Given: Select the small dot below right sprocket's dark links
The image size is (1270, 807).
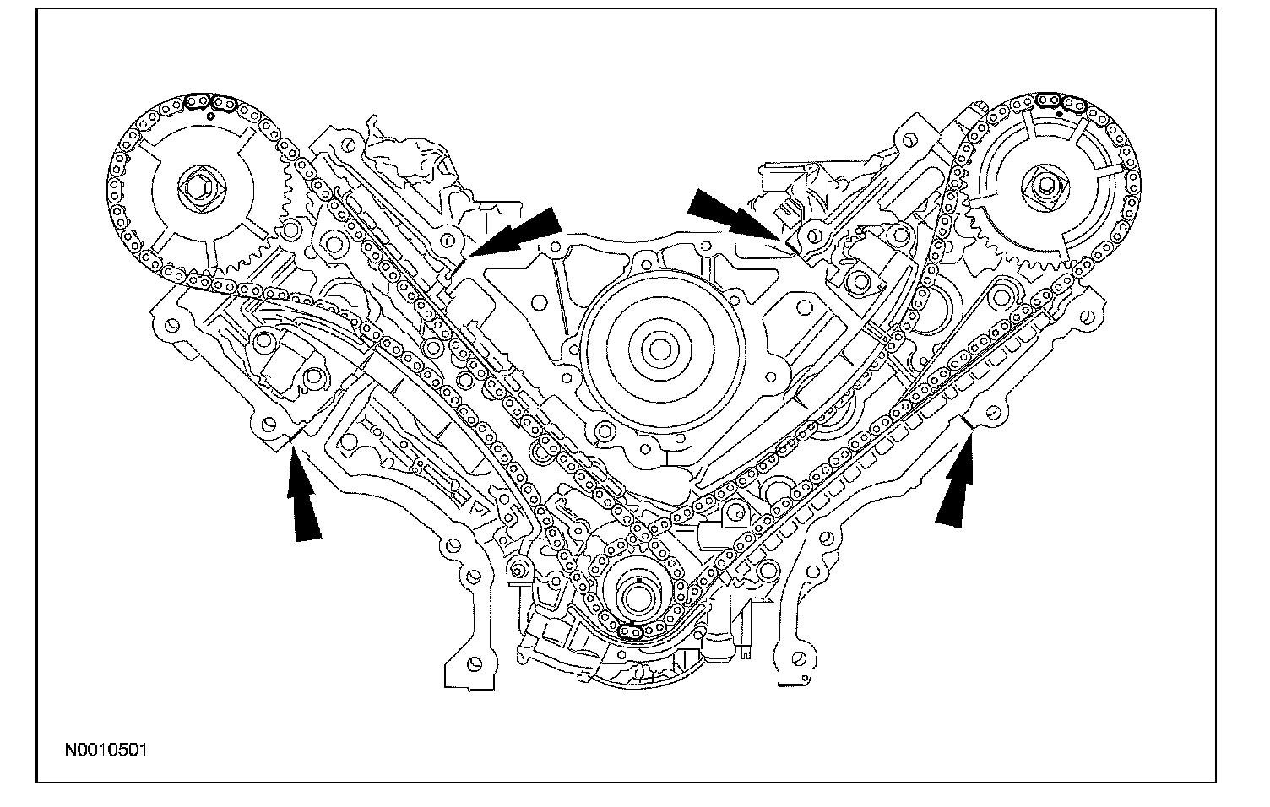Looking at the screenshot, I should coord(1059,113).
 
